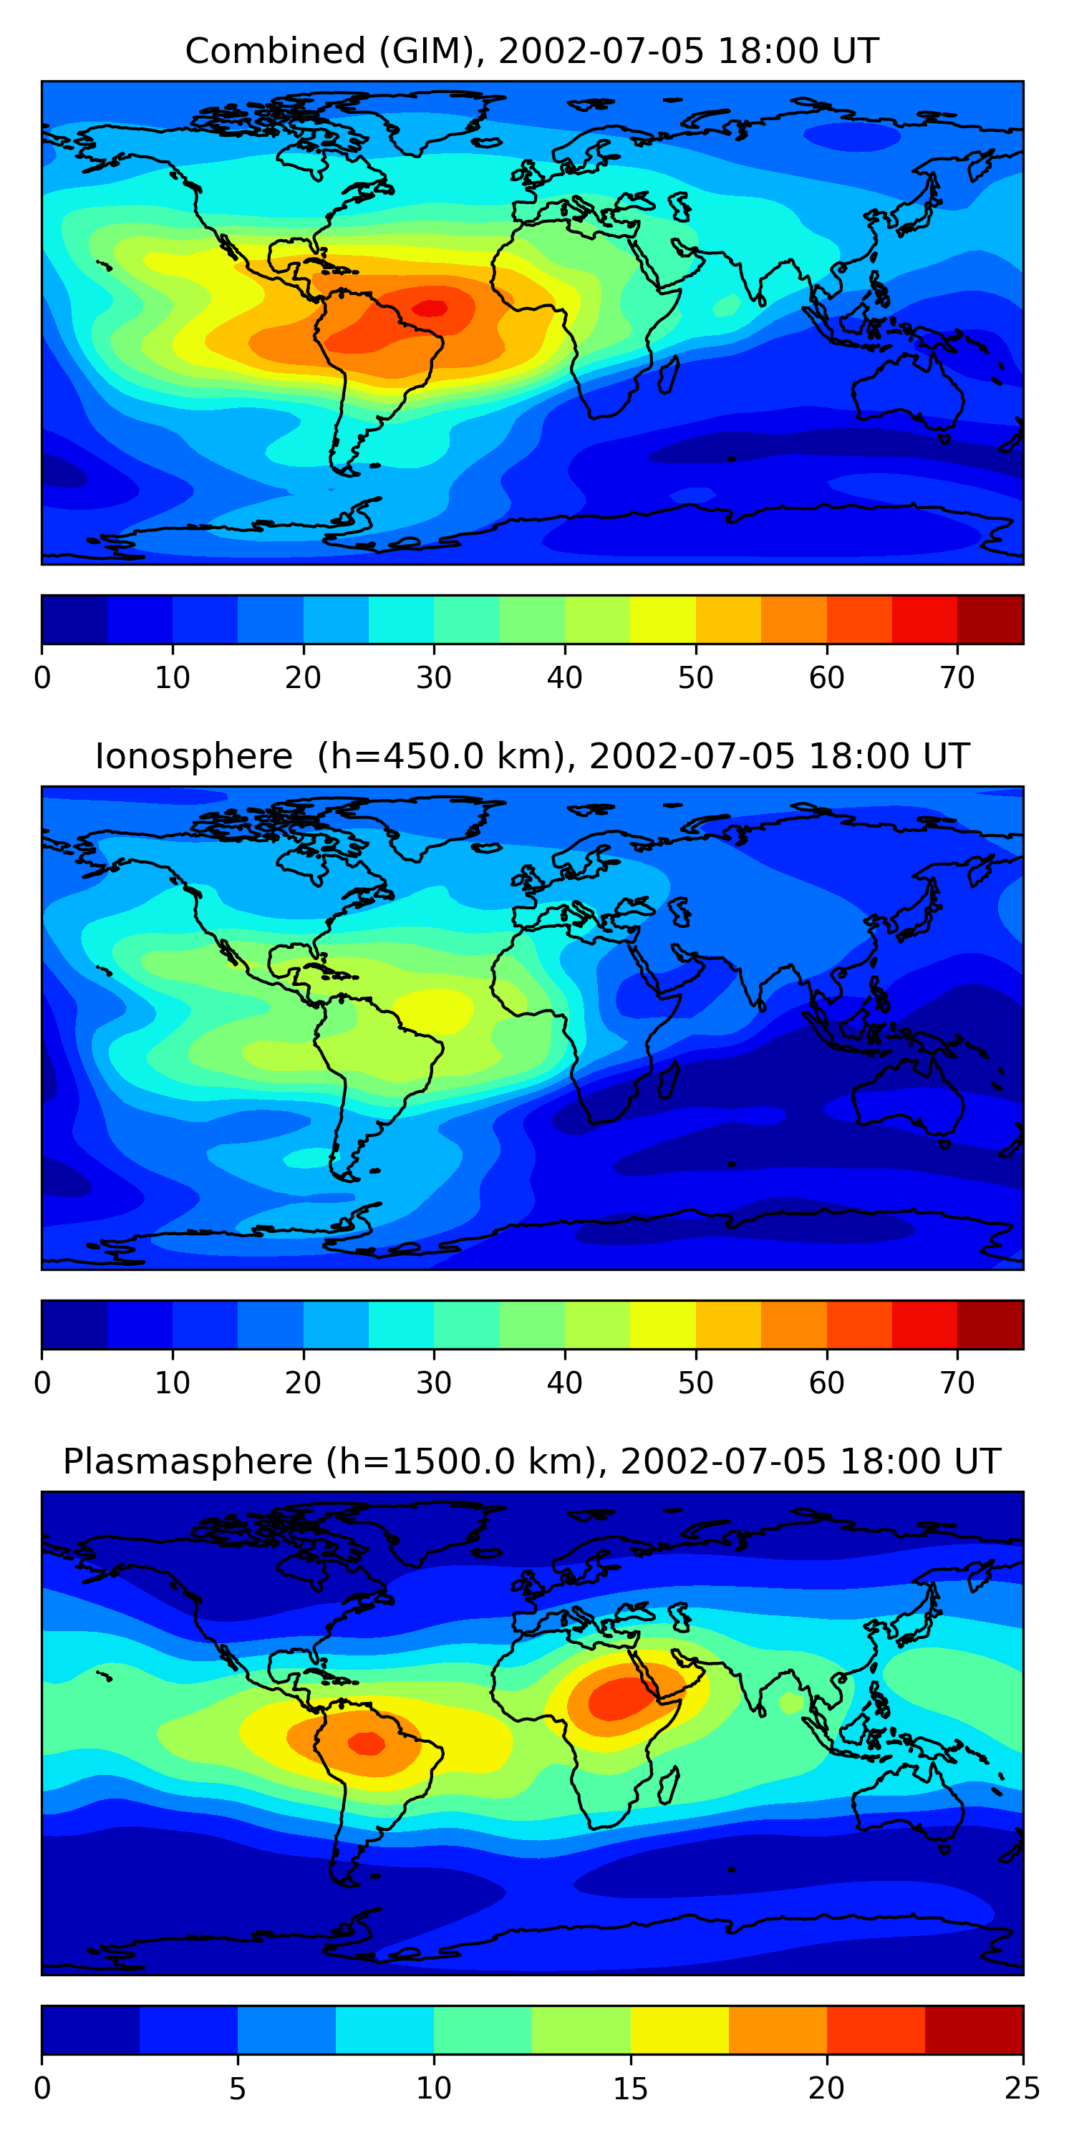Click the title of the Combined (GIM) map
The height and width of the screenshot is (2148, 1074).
531,51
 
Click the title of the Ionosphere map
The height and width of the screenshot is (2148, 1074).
531,756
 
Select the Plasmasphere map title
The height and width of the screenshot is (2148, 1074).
531,1462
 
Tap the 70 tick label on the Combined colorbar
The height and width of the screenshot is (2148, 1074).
957,678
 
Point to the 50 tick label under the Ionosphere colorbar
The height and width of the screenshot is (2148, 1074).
695,1383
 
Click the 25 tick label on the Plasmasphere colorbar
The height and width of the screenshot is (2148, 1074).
1022,2089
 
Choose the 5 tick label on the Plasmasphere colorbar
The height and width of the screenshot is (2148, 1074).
238,2089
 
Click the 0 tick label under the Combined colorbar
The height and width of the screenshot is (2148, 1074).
42,678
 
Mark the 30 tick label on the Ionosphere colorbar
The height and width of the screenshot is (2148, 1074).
434,1383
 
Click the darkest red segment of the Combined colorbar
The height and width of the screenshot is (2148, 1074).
990,619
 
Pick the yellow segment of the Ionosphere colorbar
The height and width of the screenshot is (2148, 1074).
663,1325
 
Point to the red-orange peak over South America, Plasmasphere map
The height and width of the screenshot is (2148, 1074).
366,1743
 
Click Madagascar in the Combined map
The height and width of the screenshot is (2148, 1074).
669,375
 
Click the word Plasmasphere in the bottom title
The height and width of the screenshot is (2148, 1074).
188,1462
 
